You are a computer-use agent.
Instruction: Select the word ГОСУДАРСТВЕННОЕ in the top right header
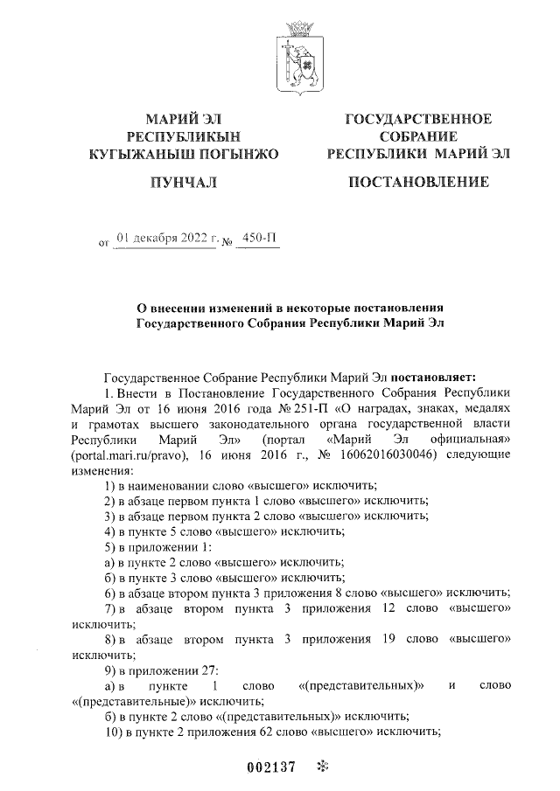418,119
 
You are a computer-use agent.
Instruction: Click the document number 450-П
259,237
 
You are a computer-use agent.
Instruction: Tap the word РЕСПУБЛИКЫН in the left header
183,136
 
